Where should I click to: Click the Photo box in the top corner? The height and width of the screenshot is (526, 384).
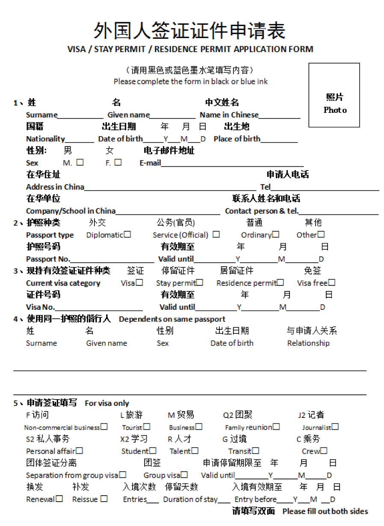coord(334,95)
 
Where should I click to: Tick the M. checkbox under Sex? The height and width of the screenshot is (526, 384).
coord(80,162)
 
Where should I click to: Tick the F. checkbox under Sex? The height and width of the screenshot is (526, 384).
coord(118,162)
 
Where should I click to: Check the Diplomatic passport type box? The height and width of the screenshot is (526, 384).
coord(127,235)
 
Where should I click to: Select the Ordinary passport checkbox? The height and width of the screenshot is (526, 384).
coord(276,235)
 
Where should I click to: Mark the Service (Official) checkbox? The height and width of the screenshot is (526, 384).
coord(216,235)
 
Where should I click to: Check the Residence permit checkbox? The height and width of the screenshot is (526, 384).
coord(281,282)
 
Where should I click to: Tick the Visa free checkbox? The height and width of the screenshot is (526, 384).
coord(332,282)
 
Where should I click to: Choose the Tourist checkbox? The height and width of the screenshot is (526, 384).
coord(147,427)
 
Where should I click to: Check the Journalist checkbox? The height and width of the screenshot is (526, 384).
coord(335,427)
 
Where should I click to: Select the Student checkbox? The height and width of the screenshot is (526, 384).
coord(153,451)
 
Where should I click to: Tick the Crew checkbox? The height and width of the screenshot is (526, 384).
coord(324,451)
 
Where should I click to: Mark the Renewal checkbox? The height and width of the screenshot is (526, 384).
coord(59,499)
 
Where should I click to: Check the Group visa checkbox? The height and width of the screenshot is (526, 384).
coord(184,475)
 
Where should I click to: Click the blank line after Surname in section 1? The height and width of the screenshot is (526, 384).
coord(80,115)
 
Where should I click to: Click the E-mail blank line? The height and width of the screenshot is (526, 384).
coord(232,163)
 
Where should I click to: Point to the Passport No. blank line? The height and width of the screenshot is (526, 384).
coord(112,259)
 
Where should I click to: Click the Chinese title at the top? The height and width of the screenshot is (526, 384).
coord(189,31)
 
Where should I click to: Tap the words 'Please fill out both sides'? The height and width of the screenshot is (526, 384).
coord(325,511)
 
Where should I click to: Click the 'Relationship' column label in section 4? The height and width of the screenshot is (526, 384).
coord(308,343)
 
